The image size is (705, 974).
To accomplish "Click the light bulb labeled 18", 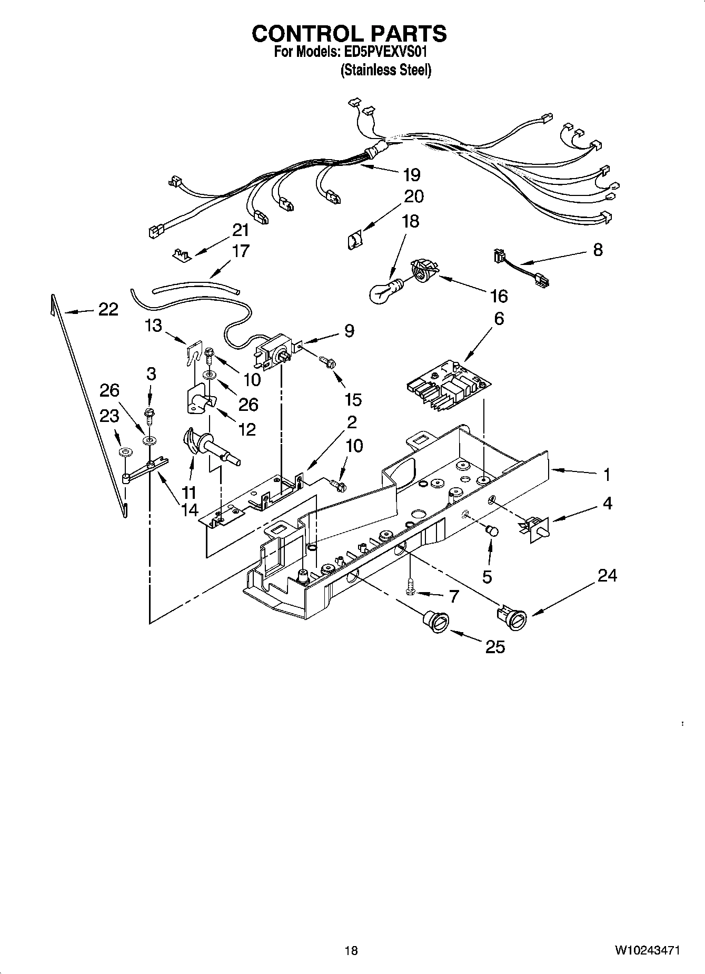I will (385, 290).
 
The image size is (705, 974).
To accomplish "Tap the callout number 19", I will (411, 174).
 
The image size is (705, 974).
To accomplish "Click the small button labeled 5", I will (492, 530).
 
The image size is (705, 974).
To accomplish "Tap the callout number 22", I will (108, 309).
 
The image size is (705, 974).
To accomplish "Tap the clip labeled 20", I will (355, 240).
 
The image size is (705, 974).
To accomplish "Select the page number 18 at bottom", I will (351, 950).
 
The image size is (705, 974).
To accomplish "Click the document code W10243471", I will (647, 950).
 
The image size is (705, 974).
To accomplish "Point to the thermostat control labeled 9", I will (273, 350).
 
